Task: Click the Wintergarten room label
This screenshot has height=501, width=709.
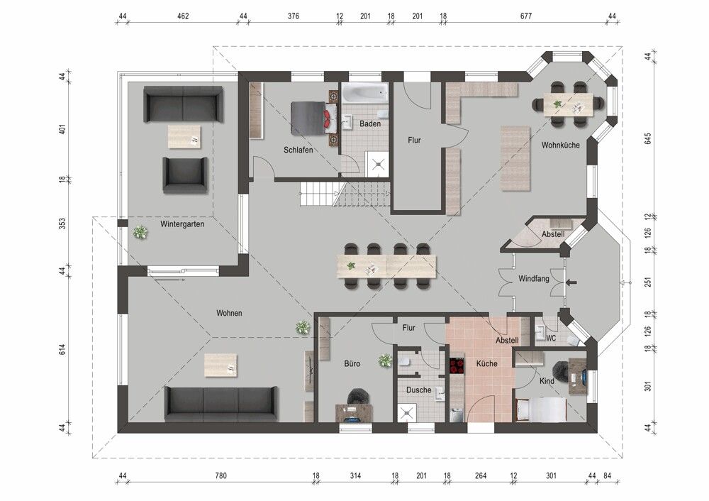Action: point(182,224)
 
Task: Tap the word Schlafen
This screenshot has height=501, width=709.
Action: point(298,150)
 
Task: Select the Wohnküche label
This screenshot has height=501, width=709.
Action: point(561,145)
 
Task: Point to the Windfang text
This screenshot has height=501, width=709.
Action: point(533,279)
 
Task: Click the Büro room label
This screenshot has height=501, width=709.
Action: point(352,363)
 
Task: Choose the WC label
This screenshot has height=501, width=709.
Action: point(551,338)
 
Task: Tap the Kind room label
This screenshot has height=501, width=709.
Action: point(547,381)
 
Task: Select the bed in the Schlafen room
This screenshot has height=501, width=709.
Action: point(310,117)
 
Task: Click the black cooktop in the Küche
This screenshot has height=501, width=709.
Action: point(457,365)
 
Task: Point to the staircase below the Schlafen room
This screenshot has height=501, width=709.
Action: point(344,194)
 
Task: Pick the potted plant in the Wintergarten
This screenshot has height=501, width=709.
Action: point(140,231)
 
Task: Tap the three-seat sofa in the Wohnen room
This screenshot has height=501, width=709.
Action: point(220,403)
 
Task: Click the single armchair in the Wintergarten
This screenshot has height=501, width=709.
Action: point(185,175)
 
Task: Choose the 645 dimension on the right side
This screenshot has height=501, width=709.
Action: point(647,139)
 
